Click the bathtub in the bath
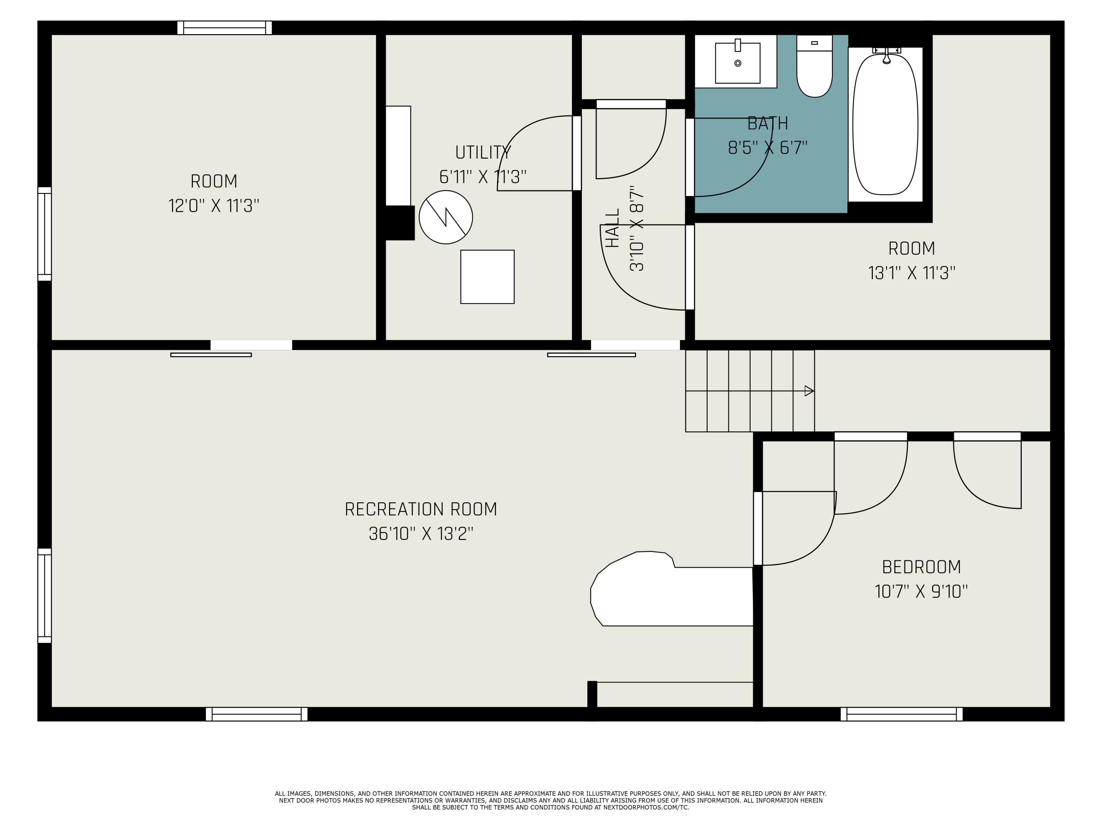click(x=885, y=124)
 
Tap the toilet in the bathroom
click(x=814, y=66)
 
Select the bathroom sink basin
click(x=738, y=63)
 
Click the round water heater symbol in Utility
click(x=446, y=217)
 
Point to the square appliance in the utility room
click(x=487, y=277)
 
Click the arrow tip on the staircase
click(x=814, y=391)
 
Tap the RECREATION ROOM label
click(x=421, y=509)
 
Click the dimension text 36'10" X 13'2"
click(x=421, y=534)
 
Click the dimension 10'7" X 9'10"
click(x=921, y=591)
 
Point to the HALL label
click(x=612, y=228)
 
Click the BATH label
click(x=768, y=123)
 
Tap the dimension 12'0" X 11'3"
click(x=214, y=206)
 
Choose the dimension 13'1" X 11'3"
click(x=912, y=273)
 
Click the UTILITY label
click(x=483, y=152)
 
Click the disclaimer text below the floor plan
click(x=551, y=800)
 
